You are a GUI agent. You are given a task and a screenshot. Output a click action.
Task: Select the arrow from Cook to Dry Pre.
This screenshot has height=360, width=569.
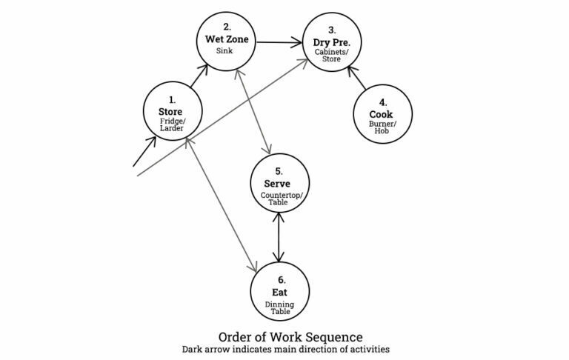358,79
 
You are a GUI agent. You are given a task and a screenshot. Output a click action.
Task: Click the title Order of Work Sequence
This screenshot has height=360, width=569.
284,334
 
